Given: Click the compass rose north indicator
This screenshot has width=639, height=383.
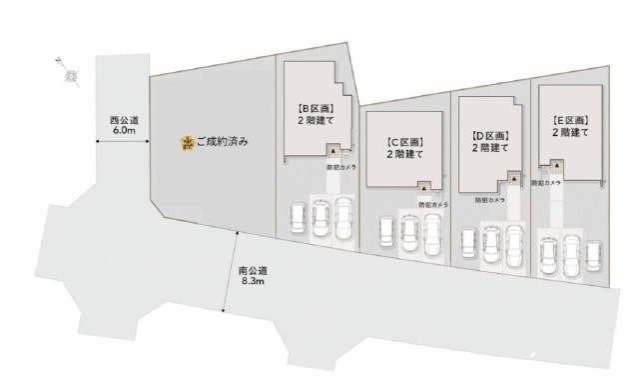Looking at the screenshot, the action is coord(71,75).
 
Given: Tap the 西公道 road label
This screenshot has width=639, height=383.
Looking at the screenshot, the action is coord(124,120).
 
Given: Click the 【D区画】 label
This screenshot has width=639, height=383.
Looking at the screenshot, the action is coord(489,134).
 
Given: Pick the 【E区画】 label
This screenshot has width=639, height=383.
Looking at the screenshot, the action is coord(570,121).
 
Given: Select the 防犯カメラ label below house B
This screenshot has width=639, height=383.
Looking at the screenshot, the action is coord(342,168).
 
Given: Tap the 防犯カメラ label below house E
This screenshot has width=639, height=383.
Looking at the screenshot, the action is coord(545,183).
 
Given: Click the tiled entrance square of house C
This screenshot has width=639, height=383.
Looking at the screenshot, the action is coord(424,187).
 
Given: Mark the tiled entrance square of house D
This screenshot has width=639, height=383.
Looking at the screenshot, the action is coord(514,179).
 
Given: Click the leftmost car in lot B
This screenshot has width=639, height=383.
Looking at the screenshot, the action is coord(297,220).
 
